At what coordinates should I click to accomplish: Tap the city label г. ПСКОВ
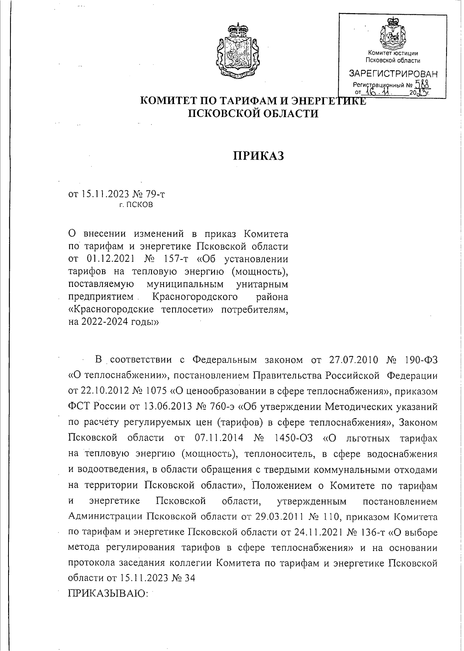(136, 205)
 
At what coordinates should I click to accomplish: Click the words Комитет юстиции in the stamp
(393, 53)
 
